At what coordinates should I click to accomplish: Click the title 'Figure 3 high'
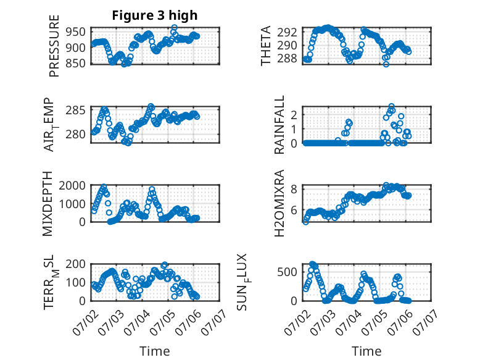coord(155,15)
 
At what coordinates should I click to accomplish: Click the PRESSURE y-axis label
coord(54,46)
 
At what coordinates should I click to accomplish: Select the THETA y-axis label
coord(266,46)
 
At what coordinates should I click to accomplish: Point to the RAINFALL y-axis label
coord(279,125)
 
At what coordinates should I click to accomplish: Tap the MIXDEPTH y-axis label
coord(48,204)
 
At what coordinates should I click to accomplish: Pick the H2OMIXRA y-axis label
coord(279,203)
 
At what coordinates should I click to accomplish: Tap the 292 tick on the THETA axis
coord(287,32)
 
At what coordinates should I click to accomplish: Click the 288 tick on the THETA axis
coord(287,58)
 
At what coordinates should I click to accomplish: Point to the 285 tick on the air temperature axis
coord(75,110)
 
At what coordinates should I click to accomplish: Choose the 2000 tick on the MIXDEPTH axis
coord(72,185)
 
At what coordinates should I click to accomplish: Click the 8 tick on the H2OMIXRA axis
coord(294,190)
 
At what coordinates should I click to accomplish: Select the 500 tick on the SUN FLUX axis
coord(287,272)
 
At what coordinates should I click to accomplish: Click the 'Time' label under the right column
coord(366,351)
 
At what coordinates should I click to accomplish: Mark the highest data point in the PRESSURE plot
coord(174,28)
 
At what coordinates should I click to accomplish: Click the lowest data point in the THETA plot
coord(386,64)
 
